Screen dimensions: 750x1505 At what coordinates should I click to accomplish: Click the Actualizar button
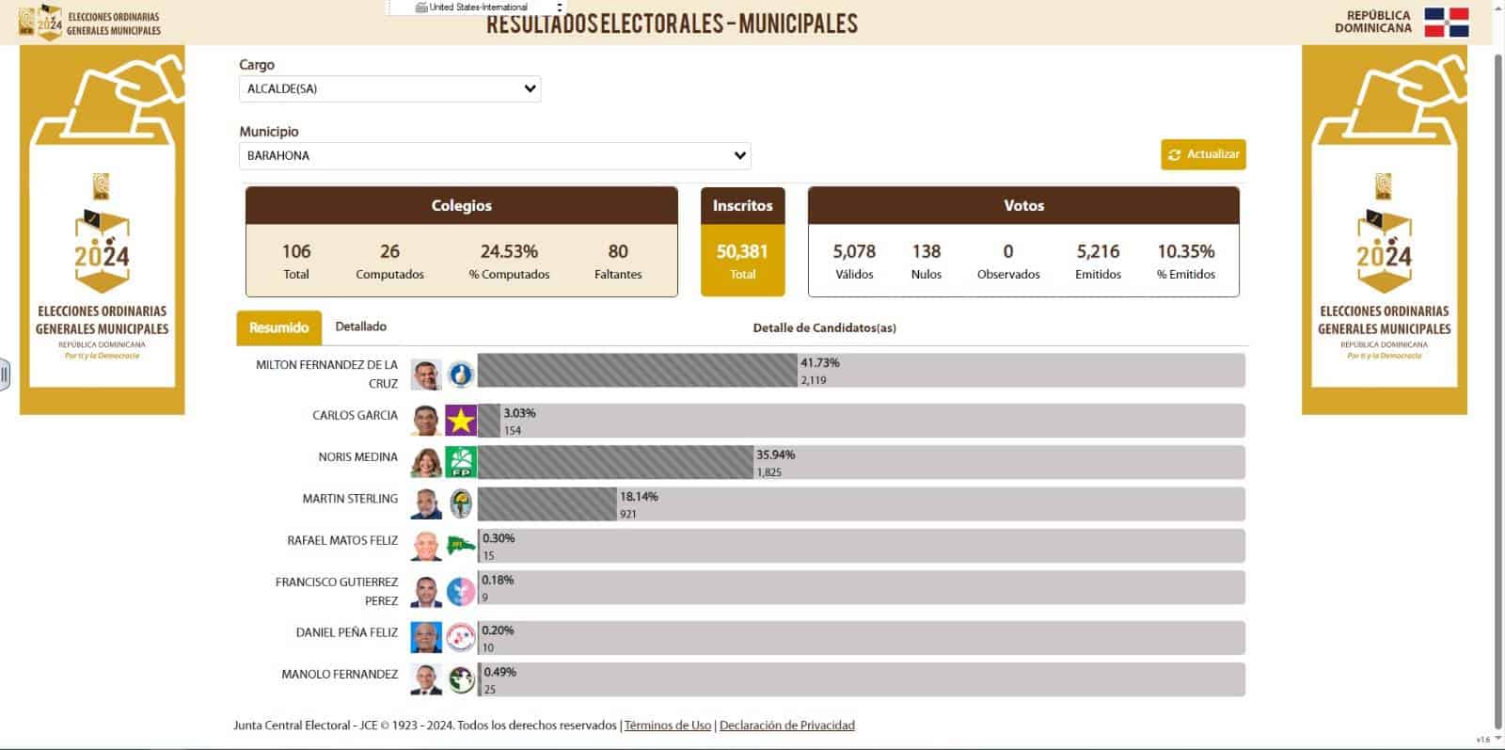1203,154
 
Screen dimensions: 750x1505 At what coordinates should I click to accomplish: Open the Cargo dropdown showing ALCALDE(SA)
389,88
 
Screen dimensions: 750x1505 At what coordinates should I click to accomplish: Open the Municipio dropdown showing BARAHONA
495,155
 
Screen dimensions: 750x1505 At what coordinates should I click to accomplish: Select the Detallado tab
361,327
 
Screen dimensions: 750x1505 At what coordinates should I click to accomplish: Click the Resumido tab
278,327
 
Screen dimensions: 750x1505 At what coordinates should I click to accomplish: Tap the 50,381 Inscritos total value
742,251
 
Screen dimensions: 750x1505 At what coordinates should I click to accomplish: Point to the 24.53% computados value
509,251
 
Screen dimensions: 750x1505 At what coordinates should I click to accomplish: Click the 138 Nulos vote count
926,251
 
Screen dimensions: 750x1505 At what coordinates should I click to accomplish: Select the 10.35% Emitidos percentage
1185,251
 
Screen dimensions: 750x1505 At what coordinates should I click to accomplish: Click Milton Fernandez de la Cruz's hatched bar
637,371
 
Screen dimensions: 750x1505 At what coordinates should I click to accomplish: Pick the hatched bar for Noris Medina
615,462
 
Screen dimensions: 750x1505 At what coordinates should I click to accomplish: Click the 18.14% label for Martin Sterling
639,496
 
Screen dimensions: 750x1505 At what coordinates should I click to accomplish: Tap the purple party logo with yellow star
461,421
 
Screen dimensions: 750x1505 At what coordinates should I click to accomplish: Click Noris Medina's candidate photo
426,462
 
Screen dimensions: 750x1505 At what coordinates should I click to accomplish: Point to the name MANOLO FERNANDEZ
340,674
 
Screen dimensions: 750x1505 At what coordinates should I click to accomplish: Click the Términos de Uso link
668,726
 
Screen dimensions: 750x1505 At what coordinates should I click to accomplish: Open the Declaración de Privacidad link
787,726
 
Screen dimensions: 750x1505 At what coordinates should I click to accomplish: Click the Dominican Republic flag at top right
1446,23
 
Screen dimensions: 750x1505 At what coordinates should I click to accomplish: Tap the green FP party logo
461,462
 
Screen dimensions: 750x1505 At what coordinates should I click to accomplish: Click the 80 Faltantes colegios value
618,251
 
